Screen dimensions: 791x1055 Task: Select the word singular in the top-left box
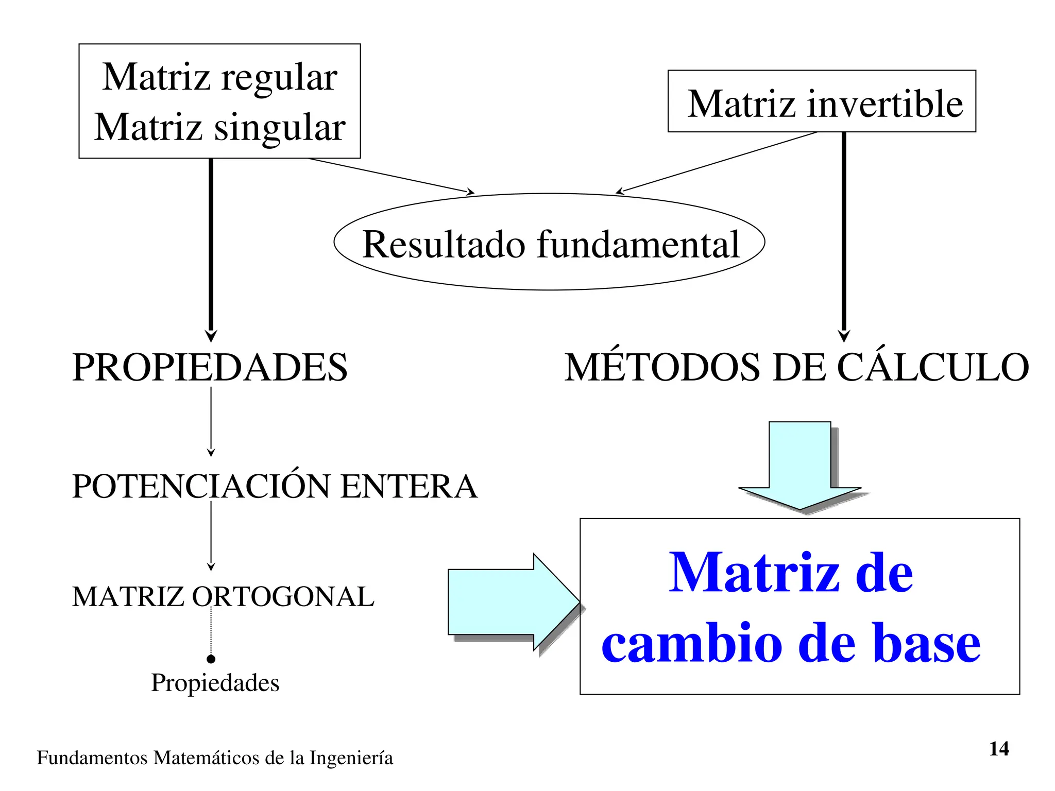coord(280,128)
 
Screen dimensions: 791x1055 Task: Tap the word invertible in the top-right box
coord(884,104)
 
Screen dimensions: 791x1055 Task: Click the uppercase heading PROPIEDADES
coord(210,368)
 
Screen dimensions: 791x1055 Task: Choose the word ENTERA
coord(409,487)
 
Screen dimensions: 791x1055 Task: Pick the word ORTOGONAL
coord(283,597)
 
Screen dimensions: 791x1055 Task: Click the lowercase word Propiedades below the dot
coord(215,683)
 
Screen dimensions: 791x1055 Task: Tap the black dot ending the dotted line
coord(211,659)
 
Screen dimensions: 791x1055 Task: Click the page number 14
coord(999,749)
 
